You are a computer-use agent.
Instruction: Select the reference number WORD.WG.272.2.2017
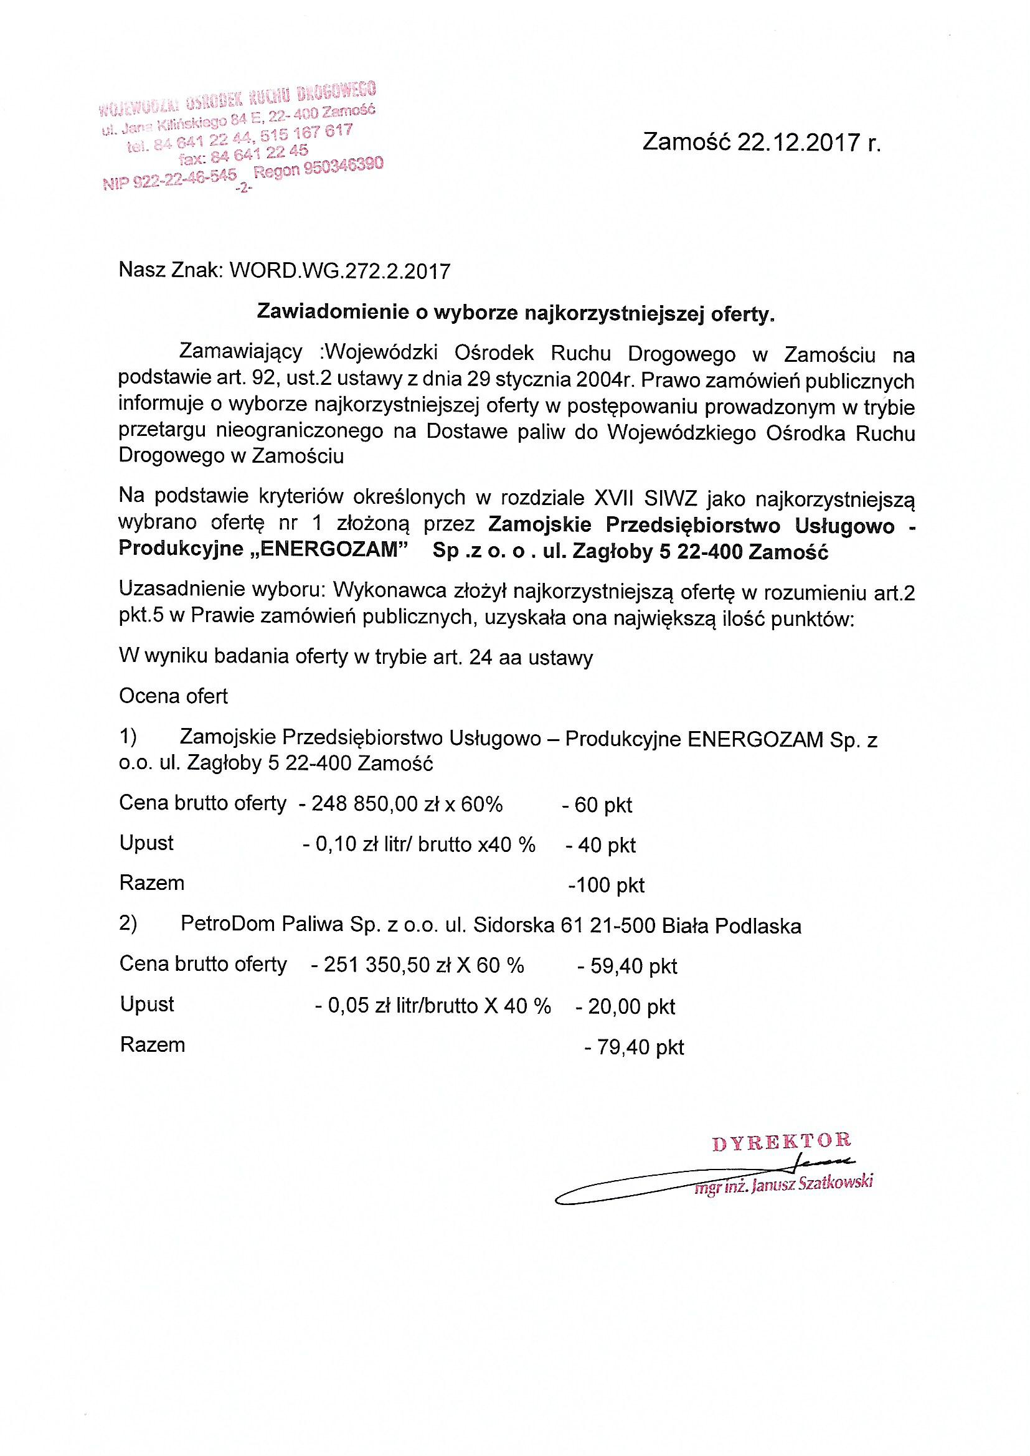339,272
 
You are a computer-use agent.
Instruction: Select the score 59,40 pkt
633,967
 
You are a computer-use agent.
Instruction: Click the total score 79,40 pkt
640,1047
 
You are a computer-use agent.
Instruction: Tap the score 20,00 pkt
631,1006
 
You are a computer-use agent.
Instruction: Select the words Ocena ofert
173,696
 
